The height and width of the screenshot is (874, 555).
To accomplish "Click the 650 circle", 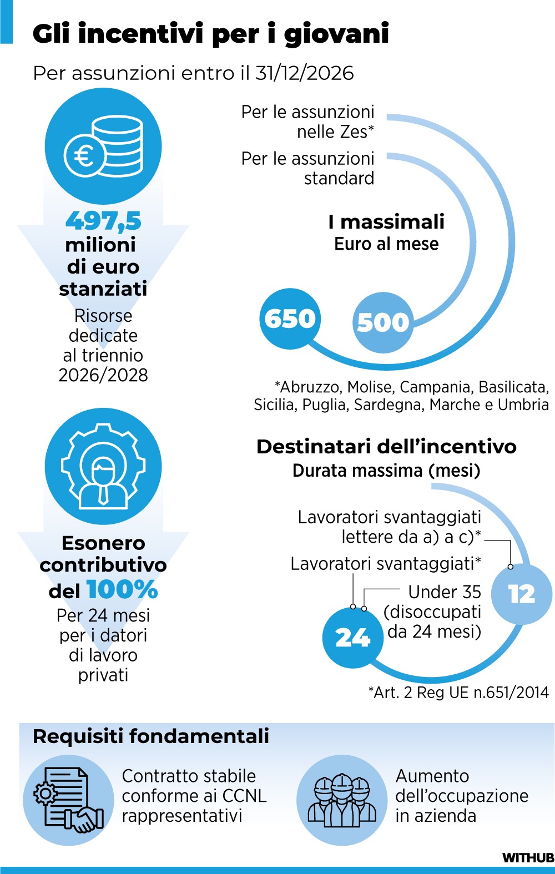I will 290,319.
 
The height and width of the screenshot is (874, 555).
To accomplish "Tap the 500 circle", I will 383,322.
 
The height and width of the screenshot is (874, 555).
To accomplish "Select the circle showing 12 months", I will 522,594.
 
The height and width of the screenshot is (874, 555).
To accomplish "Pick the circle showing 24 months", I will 353,638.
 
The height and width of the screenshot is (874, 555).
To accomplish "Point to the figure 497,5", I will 103,221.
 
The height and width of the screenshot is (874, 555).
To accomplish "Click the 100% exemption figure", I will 122,589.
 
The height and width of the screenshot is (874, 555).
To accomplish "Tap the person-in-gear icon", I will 103,466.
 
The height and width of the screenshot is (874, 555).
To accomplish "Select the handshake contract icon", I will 68,800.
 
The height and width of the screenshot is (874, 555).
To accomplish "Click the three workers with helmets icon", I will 342,800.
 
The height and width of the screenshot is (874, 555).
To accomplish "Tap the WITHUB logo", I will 528,858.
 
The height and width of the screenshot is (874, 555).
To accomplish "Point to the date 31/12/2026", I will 304,73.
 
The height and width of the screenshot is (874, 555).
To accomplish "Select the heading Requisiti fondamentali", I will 151,736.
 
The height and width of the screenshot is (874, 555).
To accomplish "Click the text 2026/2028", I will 103,375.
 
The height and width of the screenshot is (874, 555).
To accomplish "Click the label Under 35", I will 445,592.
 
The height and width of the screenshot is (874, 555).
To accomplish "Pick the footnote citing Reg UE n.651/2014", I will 458,692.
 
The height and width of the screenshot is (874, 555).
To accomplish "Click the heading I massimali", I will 386,222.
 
